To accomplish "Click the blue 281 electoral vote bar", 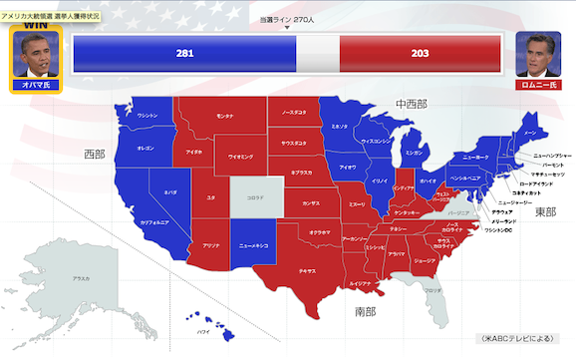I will pos(184,53).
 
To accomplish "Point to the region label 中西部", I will pos(410,104).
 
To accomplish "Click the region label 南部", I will pos(366,311).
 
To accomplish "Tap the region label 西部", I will pos(95,155).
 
